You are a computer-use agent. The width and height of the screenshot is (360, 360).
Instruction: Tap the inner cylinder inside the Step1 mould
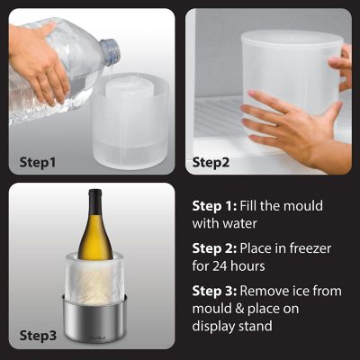[126, 90]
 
